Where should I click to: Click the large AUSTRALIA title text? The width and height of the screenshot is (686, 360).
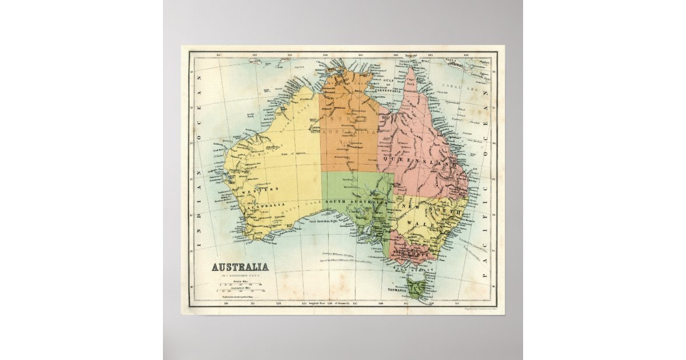(241, 267)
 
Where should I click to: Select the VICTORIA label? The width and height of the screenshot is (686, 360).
(415, 250)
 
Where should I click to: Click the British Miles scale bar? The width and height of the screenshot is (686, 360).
(241, 285)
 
